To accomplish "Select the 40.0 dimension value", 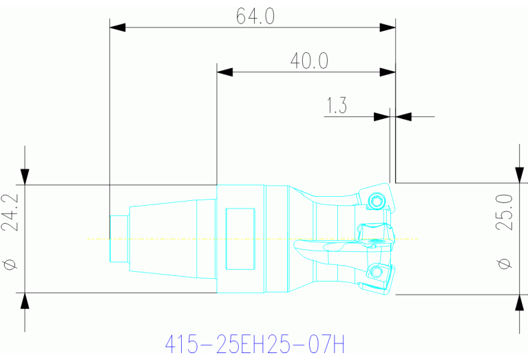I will [x=308, y=61].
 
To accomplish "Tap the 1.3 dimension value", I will [x=337, y=106].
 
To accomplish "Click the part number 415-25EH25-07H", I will [x=254, y=342].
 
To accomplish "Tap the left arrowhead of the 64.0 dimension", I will [x=118, y=28].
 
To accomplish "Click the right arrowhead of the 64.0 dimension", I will [x=388, y=28].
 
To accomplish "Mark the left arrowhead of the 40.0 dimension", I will [x=226, y=72].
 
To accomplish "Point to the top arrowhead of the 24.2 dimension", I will [x=25, y=175].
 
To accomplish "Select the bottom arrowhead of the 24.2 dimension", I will [x=25, y=301].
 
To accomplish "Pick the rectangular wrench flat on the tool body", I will [x=240, y=239].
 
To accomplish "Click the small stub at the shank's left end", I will [x=118, y=239].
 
